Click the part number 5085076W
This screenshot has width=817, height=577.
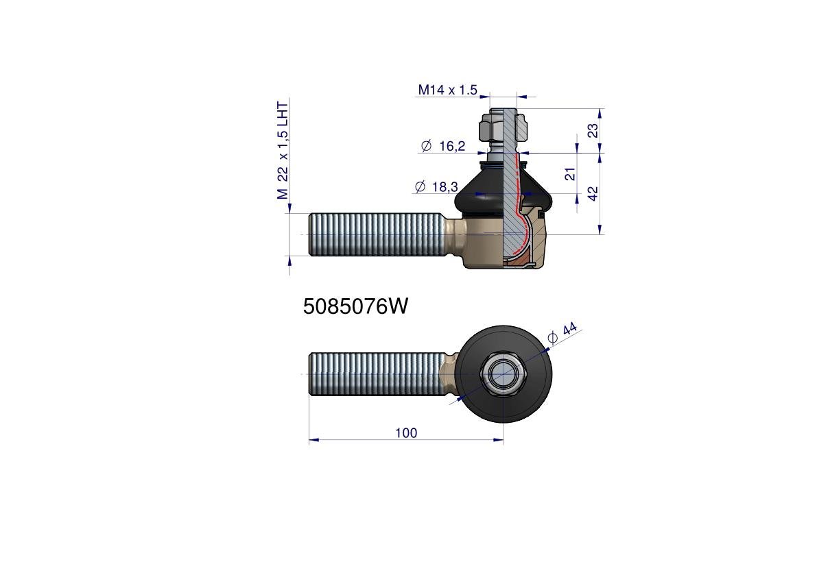[x=355, y=306]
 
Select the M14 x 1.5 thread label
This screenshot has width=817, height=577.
[x=447, y=90]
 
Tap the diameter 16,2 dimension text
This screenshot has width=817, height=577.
[x=442, y=146]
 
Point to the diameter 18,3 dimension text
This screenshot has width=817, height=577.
[x=437, y=186]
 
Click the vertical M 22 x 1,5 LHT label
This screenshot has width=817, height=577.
[x=283, y=151]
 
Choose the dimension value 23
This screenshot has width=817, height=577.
[x=593, y=131]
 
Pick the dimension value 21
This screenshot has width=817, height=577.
[x=571, y=173]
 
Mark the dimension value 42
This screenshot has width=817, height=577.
[x=593, y=193]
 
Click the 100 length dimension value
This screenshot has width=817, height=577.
[x=406, y=433]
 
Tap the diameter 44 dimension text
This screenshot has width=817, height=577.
[x=563, y=333]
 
